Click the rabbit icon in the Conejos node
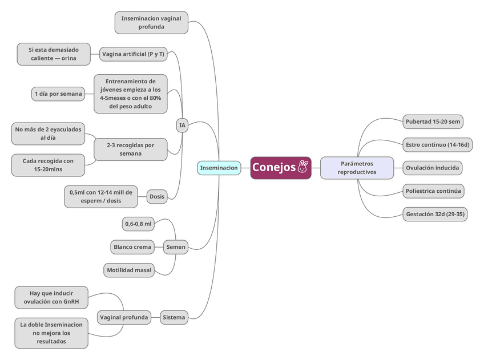tap(303, 167)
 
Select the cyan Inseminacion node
tap(219, 168)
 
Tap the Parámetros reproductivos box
tap(357, 168)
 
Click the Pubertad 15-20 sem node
tap(433, 122)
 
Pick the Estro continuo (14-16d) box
tap(437, 145)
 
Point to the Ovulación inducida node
tap(431, 168)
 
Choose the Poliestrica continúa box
tap(433, 191)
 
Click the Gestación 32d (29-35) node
tap(435, 215)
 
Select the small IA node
tap(182, 126)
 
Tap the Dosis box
tap(157, 197)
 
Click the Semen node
tap(175, 247)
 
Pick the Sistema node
tap(174, 317)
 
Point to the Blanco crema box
tap(132, 247)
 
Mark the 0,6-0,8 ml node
tap(139, 224)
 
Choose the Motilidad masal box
tap(129, 270)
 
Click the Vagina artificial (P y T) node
tap(133, 55)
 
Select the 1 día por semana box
tap(58, 94)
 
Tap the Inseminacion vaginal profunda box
tap(151, 22)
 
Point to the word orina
tap(69, 58)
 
